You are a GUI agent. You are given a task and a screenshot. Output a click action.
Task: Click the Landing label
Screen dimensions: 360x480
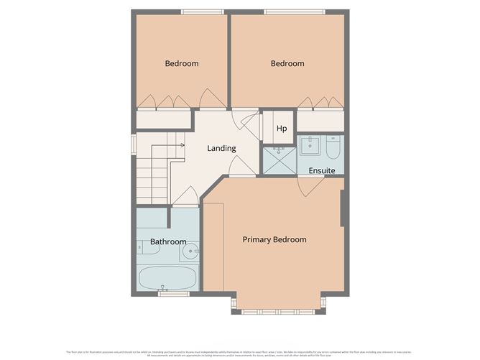[221, 149]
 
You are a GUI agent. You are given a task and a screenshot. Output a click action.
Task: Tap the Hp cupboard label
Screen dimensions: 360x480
[282, 129]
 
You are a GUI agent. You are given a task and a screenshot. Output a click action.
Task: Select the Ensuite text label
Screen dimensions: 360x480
[322, 170]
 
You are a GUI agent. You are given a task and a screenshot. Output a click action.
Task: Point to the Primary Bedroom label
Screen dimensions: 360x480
[274, 239]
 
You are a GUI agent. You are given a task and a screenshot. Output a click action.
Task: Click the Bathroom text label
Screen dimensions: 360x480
[168, 242]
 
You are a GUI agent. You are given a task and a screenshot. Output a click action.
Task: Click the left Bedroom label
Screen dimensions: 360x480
[181, 64]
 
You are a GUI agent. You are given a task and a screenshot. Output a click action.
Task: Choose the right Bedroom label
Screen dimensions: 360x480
[287, 64]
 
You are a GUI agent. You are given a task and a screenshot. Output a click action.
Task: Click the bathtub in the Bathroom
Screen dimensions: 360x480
[167, 277]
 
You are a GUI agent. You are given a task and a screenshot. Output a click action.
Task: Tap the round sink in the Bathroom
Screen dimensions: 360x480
[190, 251]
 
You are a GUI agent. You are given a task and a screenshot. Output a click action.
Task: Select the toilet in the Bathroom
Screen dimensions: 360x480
[142, 248]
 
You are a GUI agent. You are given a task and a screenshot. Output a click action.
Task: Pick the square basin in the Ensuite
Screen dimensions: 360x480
[310, 145]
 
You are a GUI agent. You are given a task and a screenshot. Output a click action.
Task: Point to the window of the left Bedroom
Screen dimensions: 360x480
[202, 11]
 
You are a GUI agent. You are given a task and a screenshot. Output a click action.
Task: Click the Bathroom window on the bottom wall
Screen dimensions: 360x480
[173, 293]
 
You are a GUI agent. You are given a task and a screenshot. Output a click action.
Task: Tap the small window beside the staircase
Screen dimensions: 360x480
[133, 144]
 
